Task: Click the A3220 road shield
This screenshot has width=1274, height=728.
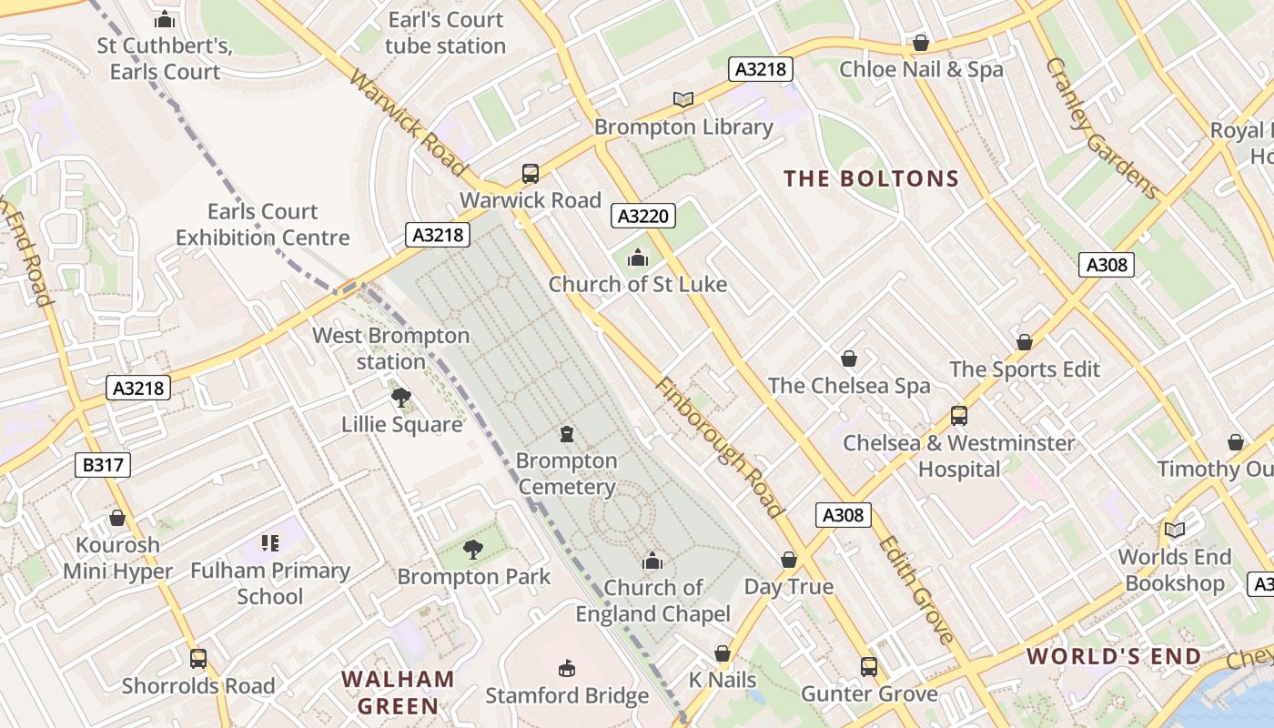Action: pyautogui.click(x=643, y=216)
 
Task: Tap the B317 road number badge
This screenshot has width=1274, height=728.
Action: pyautogui.click(x=102, y=465)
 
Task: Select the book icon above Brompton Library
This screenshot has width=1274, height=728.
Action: pyautogui.click(x=682, y=99)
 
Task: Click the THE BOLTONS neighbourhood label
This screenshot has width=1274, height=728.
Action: pyautogui.click(x=872, y=178)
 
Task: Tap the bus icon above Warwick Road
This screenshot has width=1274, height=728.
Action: pyautogui.click(x=530, y=173)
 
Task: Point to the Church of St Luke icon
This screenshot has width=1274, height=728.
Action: pyautogui.click(x=638, y=258)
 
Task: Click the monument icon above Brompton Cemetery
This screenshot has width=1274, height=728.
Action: pyautogui.click(x=567, y=434)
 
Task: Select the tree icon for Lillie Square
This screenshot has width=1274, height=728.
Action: pyautogui.click(x=400, y=398)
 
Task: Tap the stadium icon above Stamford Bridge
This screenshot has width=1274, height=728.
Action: pyautogui.click(x=567, y=669)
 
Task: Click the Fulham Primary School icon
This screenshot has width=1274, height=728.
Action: pyautogui.click(x=269, y=543)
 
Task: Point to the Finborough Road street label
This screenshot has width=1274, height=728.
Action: pyautogui.click(x=719, y=448)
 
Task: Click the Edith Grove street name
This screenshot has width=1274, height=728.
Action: pyautogui.click(x=915, y=590)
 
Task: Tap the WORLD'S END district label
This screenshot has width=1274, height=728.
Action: pyautogui.click(x=1114, y=656)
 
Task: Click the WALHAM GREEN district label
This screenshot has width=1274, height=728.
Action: pyautogui.click(x=398, y=692)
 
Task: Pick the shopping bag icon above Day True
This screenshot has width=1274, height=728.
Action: pyautogui.click(x=789, y=560)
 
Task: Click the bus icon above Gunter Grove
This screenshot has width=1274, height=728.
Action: pyautogui.click(x=869, y=667)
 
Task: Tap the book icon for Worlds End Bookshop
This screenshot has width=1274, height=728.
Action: pyautogui.click(x=1175, y=530)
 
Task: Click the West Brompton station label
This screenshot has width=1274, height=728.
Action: pyautogui.click(x=391, y=349)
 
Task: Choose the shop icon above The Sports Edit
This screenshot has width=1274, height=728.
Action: pyautogui.click(x=1025, y=342)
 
